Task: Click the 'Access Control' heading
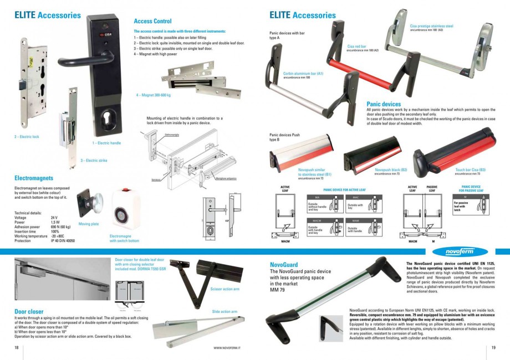coord(152,21)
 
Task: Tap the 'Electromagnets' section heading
coord(34,178)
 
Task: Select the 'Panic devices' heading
coord(384,104)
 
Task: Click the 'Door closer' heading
coord(29,312)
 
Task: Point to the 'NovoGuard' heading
coord(283,265)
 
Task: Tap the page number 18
coord(16,348)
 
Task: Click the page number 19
coord(493,348)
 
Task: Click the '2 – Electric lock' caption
coord(27,136)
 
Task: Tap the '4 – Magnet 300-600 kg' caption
coord(153,95)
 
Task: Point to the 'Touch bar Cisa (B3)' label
coord(471,169)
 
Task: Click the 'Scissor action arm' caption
coord(225,289)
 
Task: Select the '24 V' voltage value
coord(54,218)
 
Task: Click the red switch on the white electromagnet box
coord(125,198)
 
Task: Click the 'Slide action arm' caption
coord(225,312)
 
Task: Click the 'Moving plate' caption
coord(89,224)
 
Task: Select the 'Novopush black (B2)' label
coord(391,169)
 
